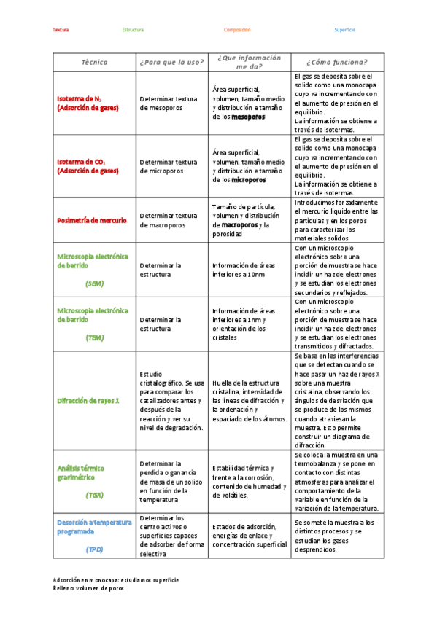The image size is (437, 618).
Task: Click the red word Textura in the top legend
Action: click(61, 30)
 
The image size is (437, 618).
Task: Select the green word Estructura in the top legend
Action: click(133, 30)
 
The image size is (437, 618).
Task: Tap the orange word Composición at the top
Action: click(237, 30)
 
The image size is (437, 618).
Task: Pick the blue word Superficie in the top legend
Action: click(344, 30)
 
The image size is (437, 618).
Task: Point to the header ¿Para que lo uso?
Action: click(171, 62)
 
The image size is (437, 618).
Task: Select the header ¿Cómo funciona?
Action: click(336, 62)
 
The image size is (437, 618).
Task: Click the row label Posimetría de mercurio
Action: click(91, 219)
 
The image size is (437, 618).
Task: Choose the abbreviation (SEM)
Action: click(94, 283)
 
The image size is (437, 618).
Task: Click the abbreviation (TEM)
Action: click(94, 337)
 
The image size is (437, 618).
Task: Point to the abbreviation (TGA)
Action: click(94, 495)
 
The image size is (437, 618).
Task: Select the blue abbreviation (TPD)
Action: click(94, 549)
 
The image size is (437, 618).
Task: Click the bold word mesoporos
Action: click(248, 117)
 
